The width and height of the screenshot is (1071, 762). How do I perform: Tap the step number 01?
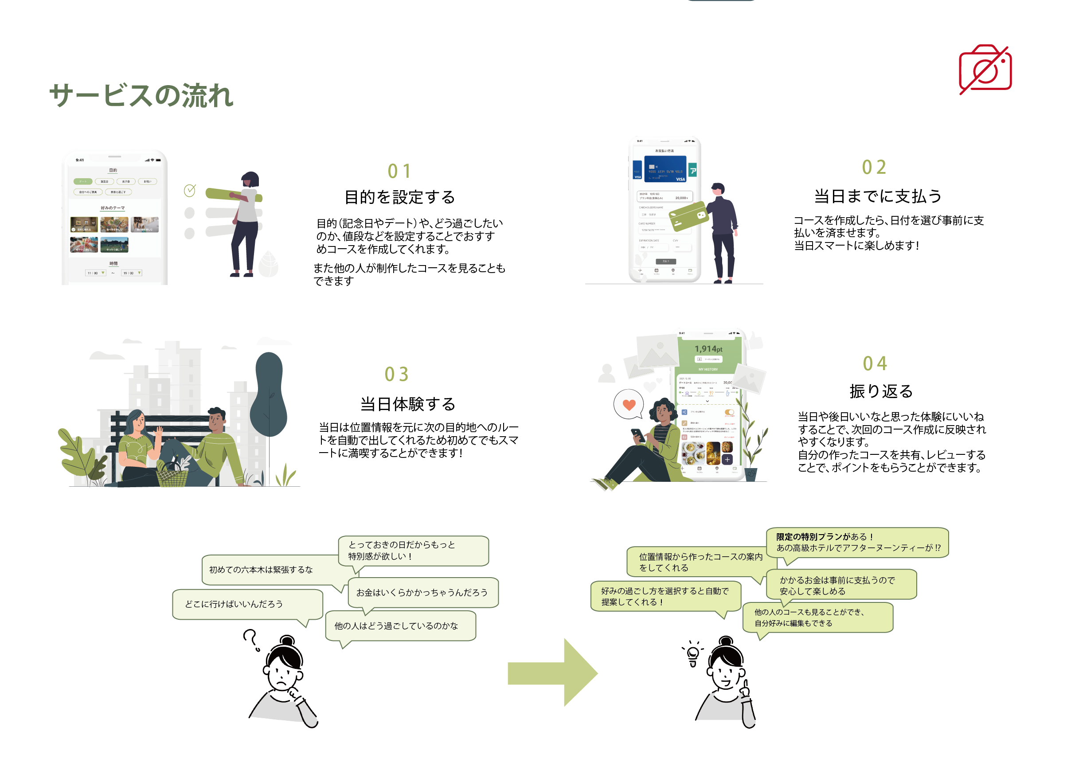(x=399, y=171)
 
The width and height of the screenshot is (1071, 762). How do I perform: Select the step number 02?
(x=873, y=168)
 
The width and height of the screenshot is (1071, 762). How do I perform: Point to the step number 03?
(x=396, y=375)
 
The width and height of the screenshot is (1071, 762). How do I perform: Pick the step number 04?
(x=875, y=363)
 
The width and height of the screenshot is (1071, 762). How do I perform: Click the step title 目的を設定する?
(x=399, y=197)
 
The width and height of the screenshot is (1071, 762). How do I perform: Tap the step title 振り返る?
(x=880, y=391)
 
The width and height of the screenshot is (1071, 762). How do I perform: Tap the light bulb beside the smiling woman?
(x=692, y=653)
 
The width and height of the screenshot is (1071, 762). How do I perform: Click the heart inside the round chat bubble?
(x=629, y=404)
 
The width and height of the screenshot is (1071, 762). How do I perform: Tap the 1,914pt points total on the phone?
(x=708, y=349)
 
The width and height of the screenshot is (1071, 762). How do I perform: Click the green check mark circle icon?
(x=190, y=191)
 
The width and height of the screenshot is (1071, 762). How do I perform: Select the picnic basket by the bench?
(x=171, y=475)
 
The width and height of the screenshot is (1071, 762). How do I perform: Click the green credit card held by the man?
(x=688, y=216)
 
